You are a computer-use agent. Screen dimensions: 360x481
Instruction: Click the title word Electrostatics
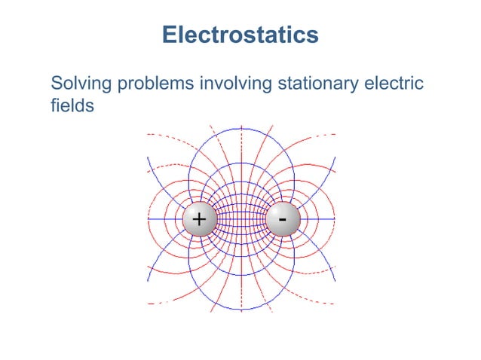point(240,35)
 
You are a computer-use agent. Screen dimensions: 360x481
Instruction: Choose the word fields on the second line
point(72,105)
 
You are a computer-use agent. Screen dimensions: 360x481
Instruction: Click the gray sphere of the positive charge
point(199,219)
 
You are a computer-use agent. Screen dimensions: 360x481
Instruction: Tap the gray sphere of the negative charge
point(283,219)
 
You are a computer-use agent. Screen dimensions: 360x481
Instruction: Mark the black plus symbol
point(198,219)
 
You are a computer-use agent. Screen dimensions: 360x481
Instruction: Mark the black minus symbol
point(282,218)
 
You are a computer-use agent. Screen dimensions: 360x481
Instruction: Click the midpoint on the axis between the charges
point(241,219)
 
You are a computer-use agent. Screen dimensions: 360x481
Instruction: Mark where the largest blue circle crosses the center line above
point(241,128)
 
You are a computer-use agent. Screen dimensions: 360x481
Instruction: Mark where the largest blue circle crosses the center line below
point(241,310)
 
